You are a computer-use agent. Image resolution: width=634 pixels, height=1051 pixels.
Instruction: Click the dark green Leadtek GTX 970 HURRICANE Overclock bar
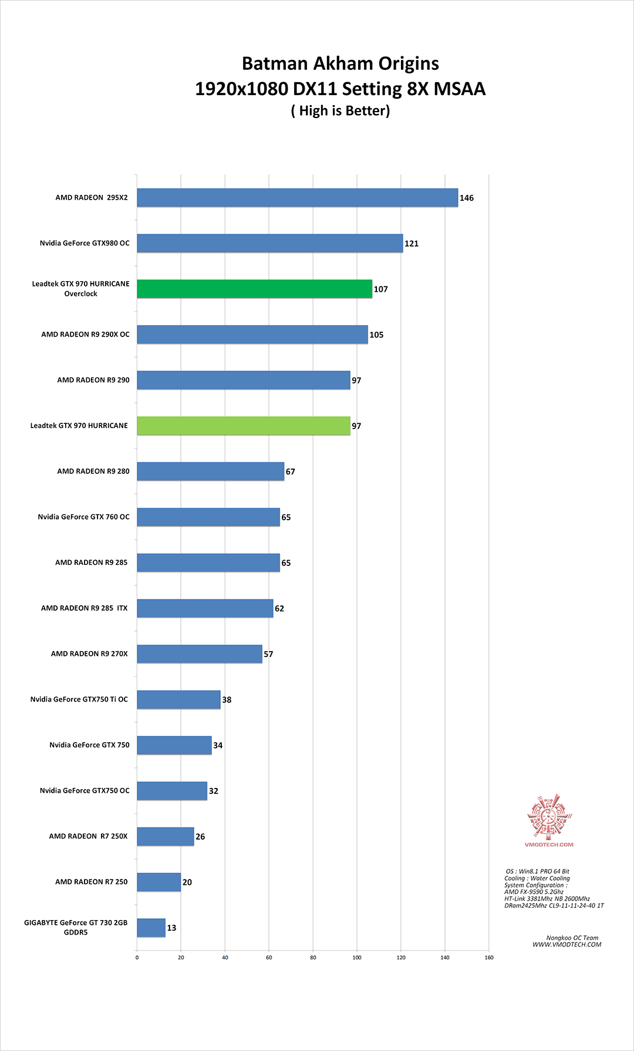[254, 289]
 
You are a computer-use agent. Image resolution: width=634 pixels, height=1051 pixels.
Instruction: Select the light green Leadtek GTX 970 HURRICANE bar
[243, 426]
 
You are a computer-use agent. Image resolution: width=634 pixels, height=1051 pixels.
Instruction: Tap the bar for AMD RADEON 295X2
[297, 198]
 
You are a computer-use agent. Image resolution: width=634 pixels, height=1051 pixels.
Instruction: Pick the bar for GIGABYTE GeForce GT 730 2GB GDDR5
[151, 928]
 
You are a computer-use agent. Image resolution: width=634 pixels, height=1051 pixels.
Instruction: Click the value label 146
[467, 198]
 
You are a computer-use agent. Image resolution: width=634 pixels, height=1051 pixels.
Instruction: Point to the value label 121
[412, 244]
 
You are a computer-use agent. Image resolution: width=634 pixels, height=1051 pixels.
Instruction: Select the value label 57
[268, 654]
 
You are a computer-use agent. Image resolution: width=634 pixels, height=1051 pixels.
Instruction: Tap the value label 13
[171, 928]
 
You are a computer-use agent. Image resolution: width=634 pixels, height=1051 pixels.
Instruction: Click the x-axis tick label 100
[357, 958]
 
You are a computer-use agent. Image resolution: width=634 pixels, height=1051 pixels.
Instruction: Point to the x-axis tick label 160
[489, 958]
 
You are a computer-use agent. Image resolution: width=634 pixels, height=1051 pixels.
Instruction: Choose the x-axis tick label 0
[137, 958]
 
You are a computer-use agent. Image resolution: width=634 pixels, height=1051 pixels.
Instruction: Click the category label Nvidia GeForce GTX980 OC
[85, 243]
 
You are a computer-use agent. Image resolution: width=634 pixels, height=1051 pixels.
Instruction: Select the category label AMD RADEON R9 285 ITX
[84, 608]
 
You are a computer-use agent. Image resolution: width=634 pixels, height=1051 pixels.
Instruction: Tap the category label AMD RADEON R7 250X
[88, 836]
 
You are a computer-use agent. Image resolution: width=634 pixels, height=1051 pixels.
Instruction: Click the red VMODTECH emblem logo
[549, 817]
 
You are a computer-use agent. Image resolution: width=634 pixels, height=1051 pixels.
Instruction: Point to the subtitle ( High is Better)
[340, 111]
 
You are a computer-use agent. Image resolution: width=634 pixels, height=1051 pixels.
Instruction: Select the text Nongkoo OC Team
[572, 938]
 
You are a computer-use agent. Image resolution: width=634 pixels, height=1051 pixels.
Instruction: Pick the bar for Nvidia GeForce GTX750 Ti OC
[178, 699]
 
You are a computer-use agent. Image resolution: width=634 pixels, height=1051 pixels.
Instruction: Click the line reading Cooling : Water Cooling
[537, 878]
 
